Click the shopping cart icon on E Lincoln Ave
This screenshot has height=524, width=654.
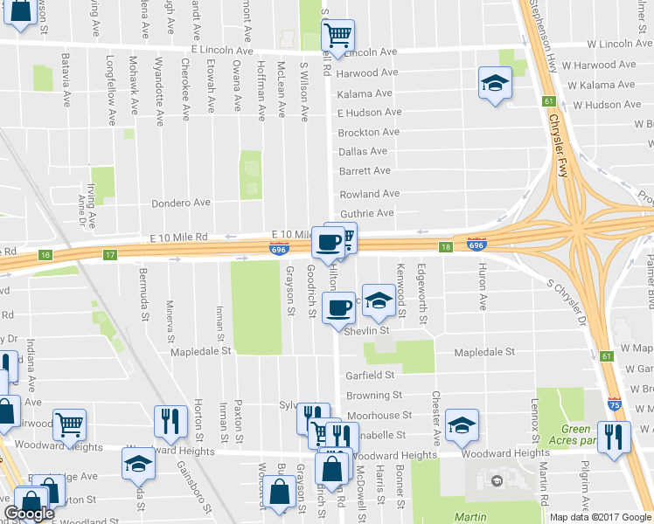pyautogui.click(x=337, y=36)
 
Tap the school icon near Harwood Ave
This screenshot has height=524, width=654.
pyautogui.click(x=495, y=84)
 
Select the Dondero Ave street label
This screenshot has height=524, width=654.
pyautogui.click(x=181, y=203)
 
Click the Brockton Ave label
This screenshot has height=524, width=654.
pyautogui.click(x=368, y=133)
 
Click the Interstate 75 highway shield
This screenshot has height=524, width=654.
pyautogui.click(x=616, y=404)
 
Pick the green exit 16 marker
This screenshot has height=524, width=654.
pyautogui.click(x=45, y=255)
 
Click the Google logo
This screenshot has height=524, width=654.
pyautogui.click(x=29, y=514)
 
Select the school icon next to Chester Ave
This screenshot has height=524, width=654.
pyautogui.click(x=461, y=424)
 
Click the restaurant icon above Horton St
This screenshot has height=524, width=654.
pyautogui.click(x=170, y=420)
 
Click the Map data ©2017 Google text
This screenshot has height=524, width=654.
pyautogui.click(x=600, y=516)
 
